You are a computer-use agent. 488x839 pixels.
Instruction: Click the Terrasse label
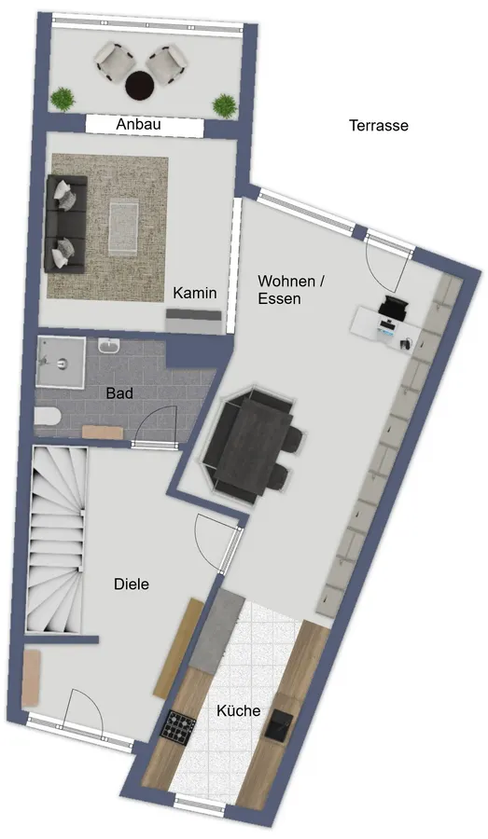(x=379, y=126)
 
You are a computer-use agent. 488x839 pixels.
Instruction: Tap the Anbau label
(x=138, y=125)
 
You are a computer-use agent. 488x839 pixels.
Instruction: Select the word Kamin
(x=195, y=294)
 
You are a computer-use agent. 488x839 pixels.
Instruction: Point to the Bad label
(x=119, y=393)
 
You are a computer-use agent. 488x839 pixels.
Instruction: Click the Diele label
(x=132, y=585)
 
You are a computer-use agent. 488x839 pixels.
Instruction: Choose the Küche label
(x=239, y=711)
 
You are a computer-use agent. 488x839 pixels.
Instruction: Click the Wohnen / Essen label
(x=291, y=290)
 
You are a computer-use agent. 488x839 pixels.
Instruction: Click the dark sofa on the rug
(x=65, y=224)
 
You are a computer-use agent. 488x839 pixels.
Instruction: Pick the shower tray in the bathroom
(x=61, y=362)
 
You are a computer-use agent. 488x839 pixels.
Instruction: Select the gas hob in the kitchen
(x=179, y=726)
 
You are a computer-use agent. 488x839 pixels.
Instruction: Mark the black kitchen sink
(x=280, y=725)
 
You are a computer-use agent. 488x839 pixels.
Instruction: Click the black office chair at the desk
(x=395, y=306)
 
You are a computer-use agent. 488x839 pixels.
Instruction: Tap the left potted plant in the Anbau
(x=63, y=99)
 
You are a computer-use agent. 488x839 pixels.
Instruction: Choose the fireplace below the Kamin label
(x=193, y=321)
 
